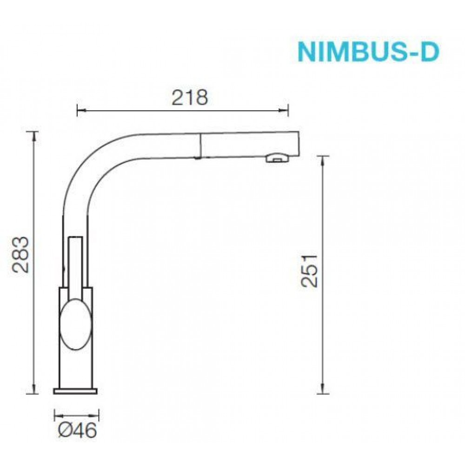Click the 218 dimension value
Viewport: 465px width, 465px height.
pyautogui.click(x=190, y=97)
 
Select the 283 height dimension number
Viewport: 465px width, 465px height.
pyautogui.click(x=21, y=254)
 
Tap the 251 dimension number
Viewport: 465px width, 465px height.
pyautogui.click(x=309, y=271)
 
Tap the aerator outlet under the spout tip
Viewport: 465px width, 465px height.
pyautogui.click(x=277, y=158)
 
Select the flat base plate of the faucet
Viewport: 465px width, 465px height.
pyautogui.click(x=75, y=391)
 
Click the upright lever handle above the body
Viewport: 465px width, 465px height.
pyautogui.click(x=76, y=267)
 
